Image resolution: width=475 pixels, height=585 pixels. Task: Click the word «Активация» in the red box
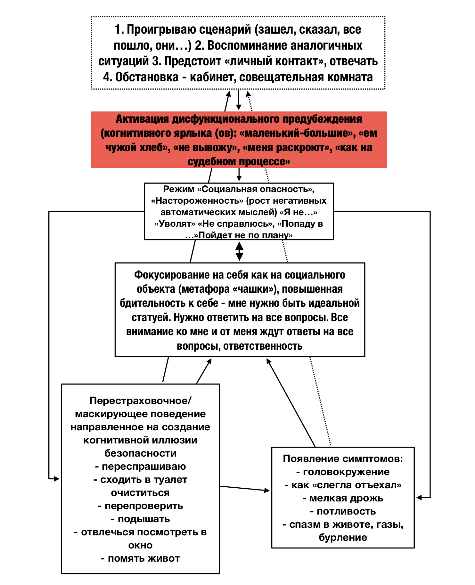pos(142,119)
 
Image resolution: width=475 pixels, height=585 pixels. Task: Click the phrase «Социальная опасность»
pos(255,189)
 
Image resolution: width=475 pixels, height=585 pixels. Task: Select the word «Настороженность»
pos(197,201)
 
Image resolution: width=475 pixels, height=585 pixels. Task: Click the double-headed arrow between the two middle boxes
pos(239,251)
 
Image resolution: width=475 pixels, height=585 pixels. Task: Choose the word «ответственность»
pos(263,346)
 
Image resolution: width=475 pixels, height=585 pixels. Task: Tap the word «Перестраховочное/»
pos(140,401)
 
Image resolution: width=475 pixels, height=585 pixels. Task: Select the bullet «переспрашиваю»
pos(143,467)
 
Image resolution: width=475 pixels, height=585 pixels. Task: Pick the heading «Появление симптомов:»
pos(343,459)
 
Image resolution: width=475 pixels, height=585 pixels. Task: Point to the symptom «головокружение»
pos(346,472)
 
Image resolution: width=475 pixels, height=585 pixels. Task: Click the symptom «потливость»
pos(346,511)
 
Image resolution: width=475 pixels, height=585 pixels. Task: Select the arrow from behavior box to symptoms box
pos(245,488)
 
